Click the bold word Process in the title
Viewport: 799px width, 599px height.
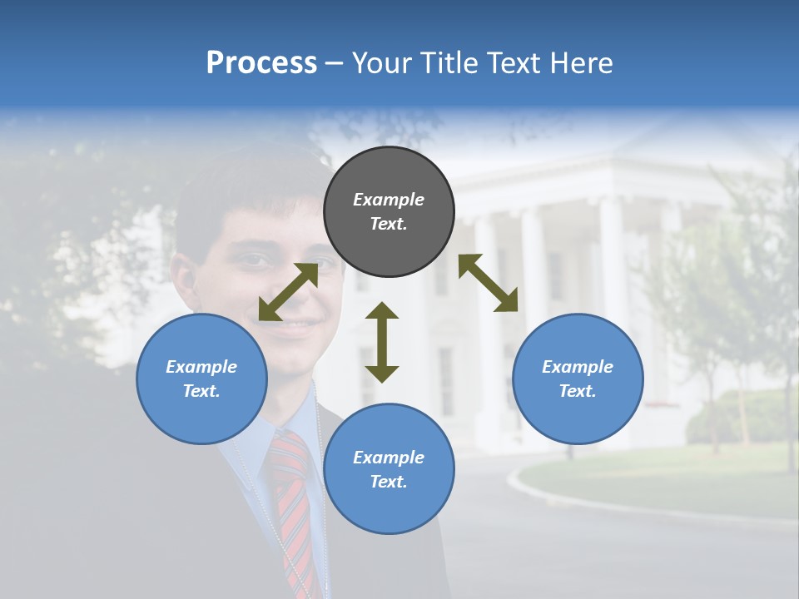261,63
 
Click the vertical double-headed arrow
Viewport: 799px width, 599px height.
382,342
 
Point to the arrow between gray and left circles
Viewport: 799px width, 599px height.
289,291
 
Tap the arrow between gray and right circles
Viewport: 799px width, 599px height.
488,283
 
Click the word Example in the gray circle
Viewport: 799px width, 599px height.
389,200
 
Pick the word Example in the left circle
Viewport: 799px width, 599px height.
201,367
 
